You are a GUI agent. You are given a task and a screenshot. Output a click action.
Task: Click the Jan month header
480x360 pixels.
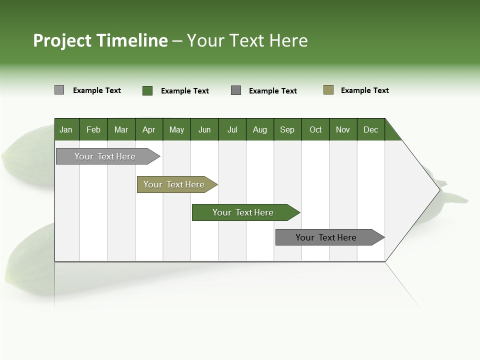coord(66,129)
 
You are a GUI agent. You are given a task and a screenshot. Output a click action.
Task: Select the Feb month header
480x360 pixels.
coord(93,129)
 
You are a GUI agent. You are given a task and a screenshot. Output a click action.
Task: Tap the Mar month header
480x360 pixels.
coord(121,129)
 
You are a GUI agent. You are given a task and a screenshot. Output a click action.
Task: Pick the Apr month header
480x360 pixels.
coord(149,129)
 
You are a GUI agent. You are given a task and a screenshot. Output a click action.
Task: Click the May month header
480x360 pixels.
coord(176,129)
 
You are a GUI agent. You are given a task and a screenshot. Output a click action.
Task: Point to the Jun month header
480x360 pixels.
coord(204,129)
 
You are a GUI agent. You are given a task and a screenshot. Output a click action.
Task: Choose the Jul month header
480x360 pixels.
coord(232,129)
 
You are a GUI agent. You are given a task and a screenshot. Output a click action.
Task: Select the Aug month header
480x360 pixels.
coord(260,129)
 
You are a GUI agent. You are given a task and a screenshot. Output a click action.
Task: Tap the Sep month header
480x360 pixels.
coord(287,129)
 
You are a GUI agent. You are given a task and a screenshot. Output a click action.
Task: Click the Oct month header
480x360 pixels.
coord(315,129)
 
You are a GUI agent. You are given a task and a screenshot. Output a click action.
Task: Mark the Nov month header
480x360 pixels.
coord(343,129)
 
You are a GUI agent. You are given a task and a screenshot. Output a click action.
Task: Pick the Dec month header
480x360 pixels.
coord(371,129)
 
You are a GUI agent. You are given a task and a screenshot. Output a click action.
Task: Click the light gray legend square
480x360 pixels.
coord(59,90)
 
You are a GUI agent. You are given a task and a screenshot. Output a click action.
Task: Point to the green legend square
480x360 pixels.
coord(147,90)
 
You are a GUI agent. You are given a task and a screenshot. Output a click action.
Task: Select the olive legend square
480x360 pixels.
coord(328,90)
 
